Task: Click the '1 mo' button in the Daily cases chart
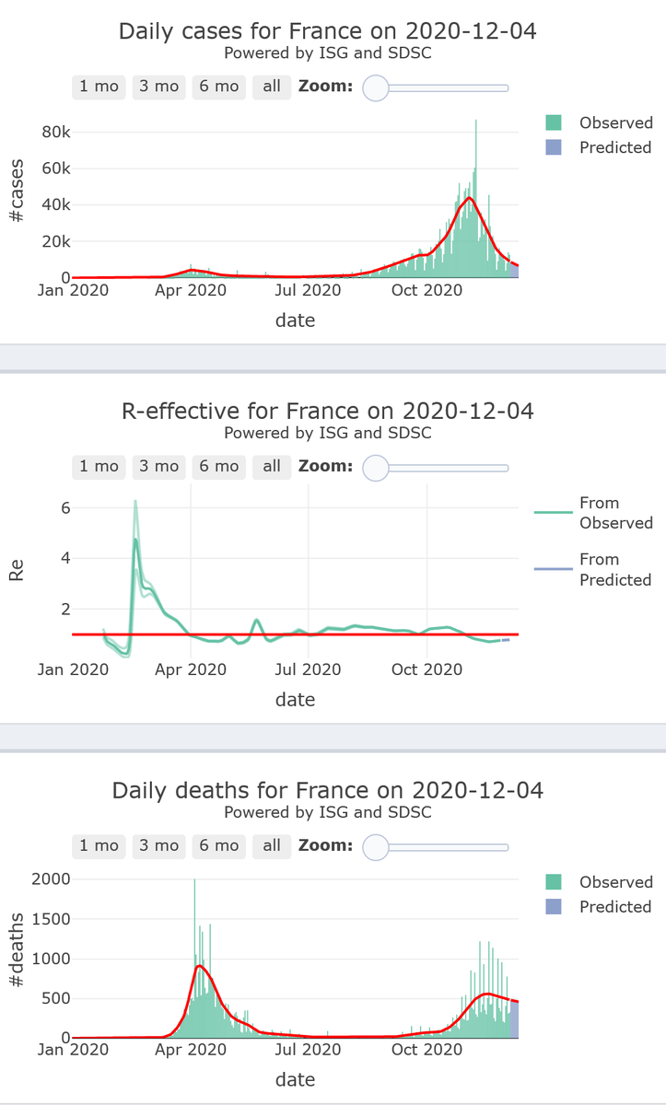pyautogui.click(x=99, y=87)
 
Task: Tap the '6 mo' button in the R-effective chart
pyautogui.click(x=218, y=466)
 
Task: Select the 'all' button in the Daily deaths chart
pyautogui.click(x=272, y=845)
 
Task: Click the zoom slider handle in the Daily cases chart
pyautogui.click(x=376, y=87)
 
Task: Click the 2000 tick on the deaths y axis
pyautogui.click(x=51, y=879)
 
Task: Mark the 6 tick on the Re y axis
pyautogui.click(x=64, y=507)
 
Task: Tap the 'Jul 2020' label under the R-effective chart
pyautogui.click(x=309, y=669)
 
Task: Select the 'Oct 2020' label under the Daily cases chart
pyautogui.click(x=427, y=290)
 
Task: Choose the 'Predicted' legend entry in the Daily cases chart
pyautogui.click(x=614, y=147)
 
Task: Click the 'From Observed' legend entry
pyautogui.click(x=599, y=513)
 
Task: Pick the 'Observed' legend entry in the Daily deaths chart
pyautogui.click(x=615, y=882)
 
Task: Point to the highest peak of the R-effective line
pyautogui.click(x=135, y=501)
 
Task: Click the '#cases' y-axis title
pyautogui.click(x=16, y=191)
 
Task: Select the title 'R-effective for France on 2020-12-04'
pyautogui.click(x=327, y=411)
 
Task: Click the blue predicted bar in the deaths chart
pyautogui.click(x=514, y=1020)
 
